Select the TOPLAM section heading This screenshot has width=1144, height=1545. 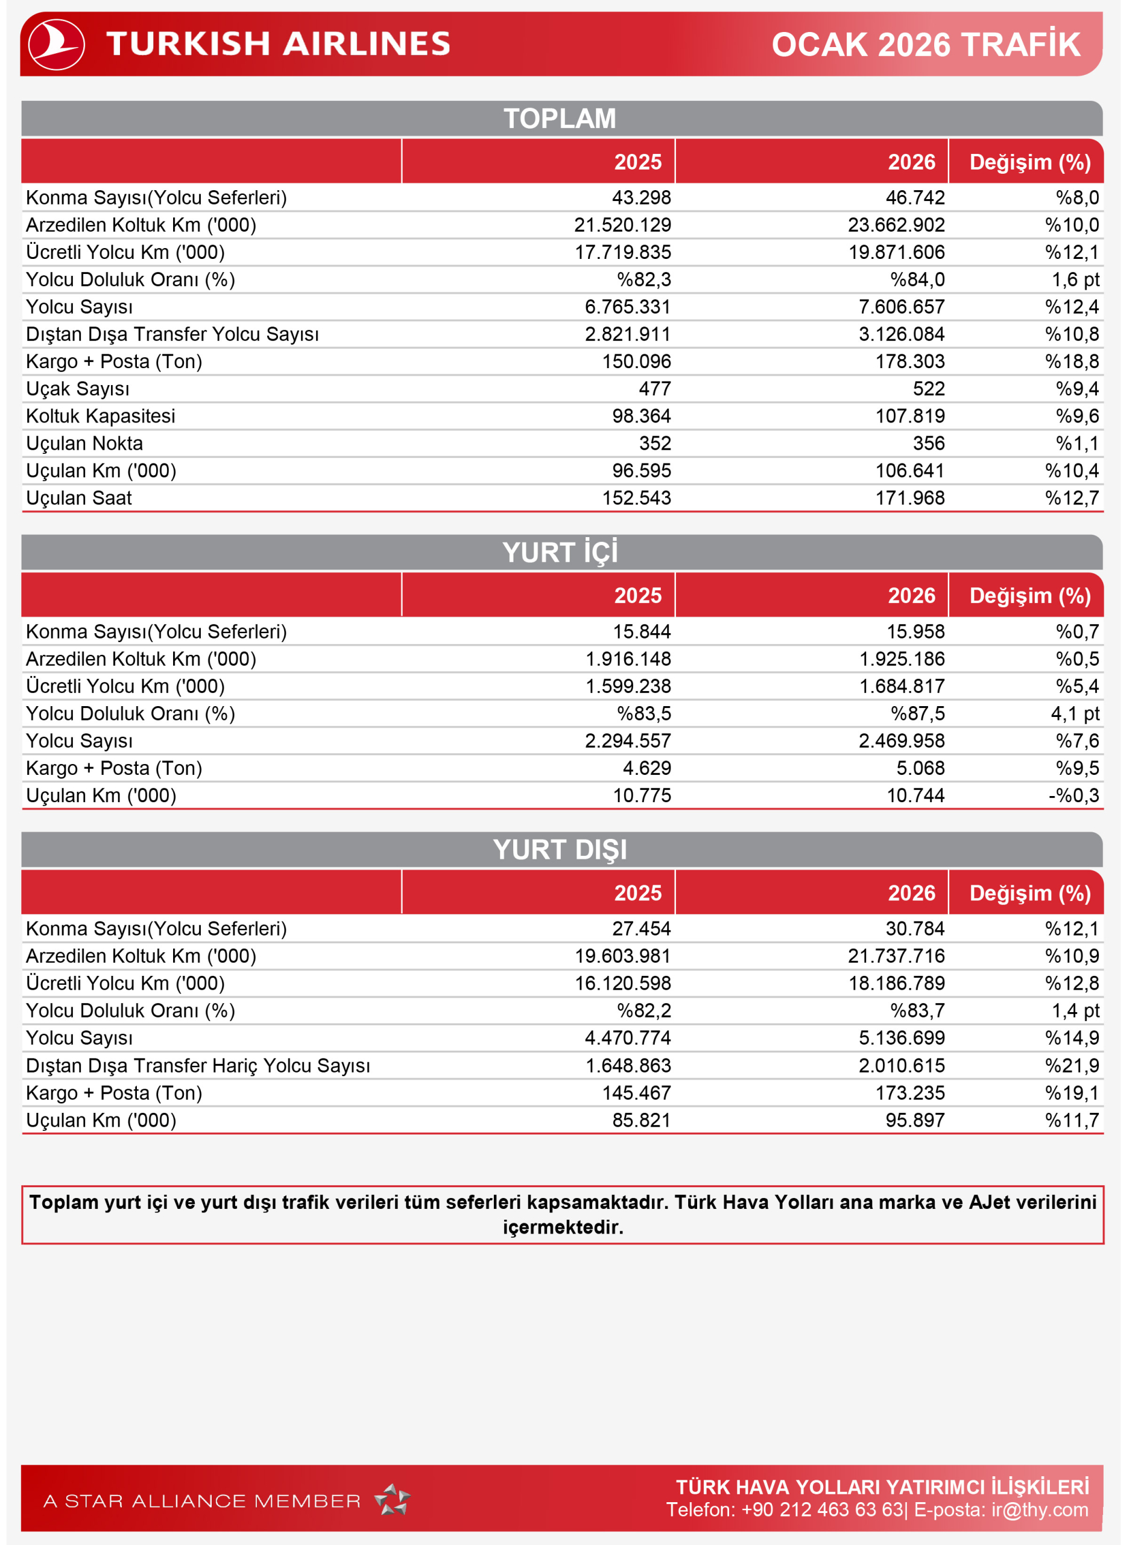click(560, 118)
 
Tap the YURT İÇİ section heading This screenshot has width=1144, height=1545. click(560, 552)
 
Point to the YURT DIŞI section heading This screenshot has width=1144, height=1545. click(560, 849)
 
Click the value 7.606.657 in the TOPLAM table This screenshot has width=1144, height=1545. click(901, 307)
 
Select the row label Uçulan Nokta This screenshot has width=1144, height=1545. click(84, 444)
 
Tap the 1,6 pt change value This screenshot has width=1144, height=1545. click(1075, 280)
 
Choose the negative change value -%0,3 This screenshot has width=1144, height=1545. click(1073, 795)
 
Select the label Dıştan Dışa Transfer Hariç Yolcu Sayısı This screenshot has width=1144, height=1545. click(198, 1066)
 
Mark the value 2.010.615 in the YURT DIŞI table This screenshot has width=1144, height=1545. click(901, 1066)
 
